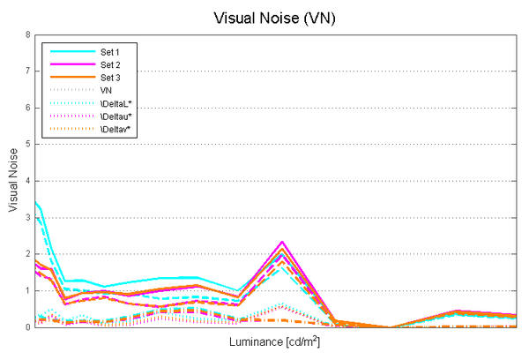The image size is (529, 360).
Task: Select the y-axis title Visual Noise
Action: tap(12, 181)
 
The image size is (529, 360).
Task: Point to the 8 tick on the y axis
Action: tap(27, 35)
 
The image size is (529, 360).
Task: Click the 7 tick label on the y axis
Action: tap(27, 71)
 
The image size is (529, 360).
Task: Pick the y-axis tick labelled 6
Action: tap(27, 108)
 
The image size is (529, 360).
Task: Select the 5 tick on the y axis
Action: tap(27, 145)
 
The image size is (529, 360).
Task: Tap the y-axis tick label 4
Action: tap(27, 181)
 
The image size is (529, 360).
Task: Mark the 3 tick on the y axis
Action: tap(27, 217)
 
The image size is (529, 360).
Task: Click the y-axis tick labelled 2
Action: tap(27, 254)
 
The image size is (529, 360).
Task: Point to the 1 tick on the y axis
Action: tap(27, 290)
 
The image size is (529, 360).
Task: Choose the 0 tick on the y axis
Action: tap(27, 327)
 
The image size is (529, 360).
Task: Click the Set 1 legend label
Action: tap(110, 52)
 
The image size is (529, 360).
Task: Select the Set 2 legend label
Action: tap(110, 65)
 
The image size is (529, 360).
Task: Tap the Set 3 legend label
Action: tap(110, 78)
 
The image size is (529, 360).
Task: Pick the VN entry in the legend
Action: tap(106, 90)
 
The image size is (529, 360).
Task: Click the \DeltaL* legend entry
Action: tap(115, 103)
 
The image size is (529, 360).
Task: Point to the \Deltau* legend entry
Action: tap(115, 116)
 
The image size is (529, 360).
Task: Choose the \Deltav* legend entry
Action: tap(115, 130)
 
